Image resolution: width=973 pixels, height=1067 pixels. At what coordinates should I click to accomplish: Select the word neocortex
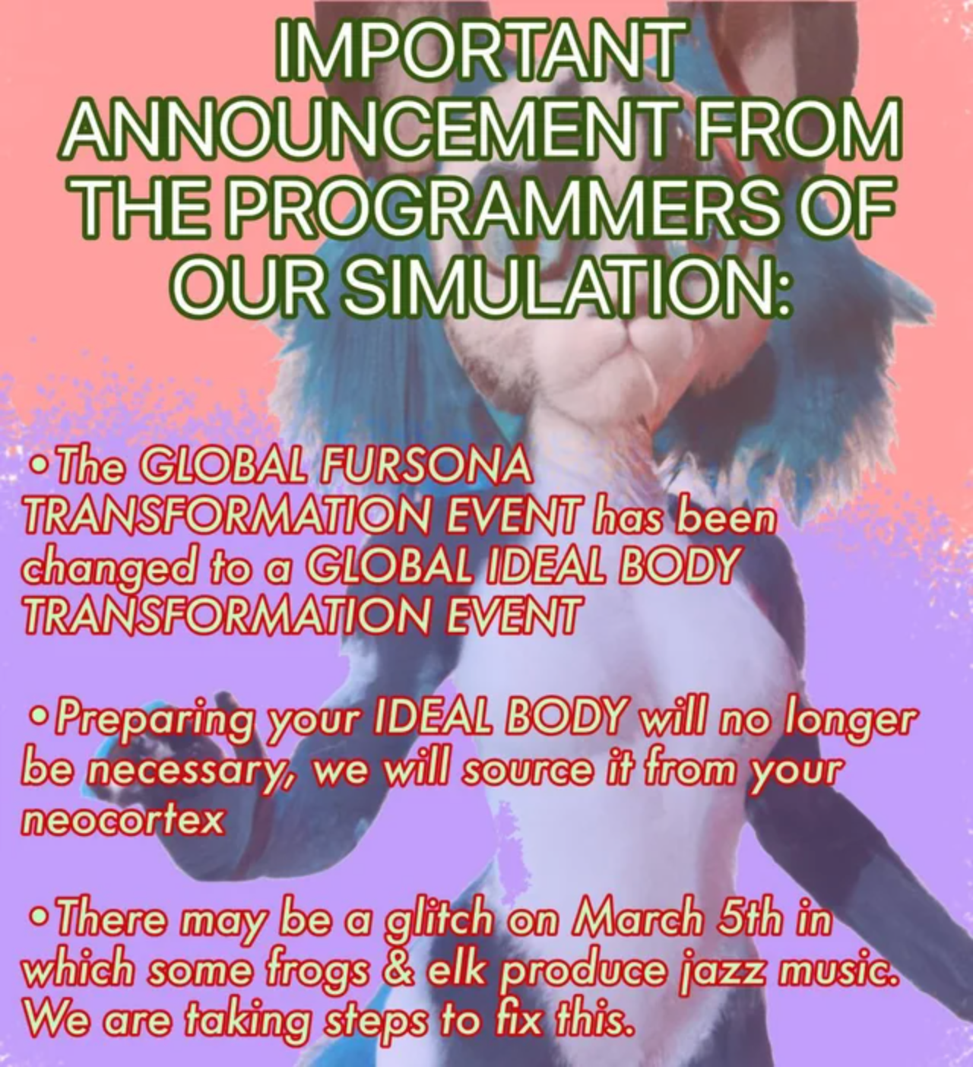pos(122,820)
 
